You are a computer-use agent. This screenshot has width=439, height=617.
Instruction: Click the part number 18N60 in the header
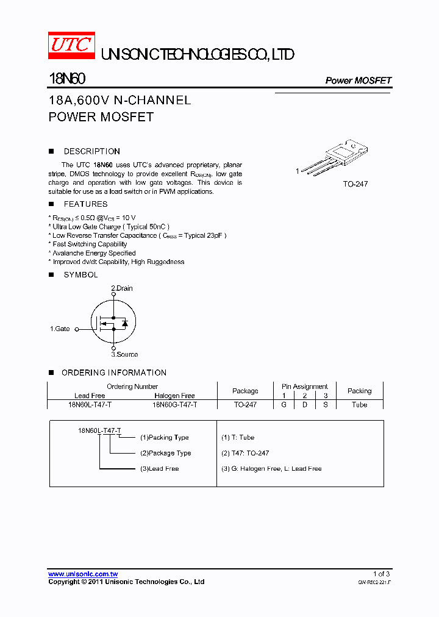point(67,79)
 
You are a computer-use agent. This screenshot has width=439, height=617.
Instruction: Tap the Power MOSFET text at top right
point(358,80)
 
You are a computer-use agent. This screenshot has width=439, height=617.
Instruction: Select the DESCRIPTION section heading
point(91,151)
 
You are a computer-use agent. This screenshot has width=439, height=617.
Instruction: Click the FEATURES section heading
point(85,204)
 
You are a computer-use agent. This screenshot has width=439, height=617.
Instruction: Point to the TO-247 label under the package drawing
point(355,184)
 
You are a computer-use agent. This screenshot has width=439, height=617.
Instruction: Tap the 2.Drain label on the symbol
point(121,288)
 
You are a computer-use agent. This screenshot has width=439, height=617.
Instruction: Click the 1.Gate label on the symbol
point(60,329)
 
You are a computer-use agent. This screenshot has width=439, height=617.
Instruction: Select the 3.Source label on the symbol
point(124,354)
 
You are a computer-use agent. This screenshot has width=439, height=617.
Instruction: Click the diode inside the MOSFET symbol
point(124,323)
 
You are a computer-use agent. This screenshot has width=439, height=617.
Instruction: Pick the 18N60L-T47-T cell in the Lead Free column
point(90,404)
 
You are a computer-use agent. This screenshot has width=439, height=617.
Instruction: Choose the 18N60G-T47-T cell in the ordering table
point(174,404)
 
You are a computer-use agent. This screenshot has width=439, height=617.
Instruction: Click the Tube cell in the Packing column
point(359,404)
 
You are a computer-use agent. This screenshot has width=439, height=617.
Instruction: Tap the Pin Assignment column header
point(304,387)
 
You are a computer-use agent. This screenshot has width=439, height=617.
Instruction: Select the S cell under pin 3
point(326,404)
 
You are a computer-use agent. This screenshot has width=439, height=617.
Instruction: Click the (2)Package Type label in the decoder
point(165,453)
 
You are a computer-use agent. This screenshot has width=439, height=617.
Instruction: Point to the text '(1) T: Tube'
point(238,437)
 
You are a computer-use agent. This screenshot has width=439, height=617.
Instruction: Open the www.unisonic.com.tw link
point(83,574)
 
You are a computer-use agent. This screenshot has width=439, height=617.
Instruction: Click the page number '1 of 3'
point(381,574)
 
